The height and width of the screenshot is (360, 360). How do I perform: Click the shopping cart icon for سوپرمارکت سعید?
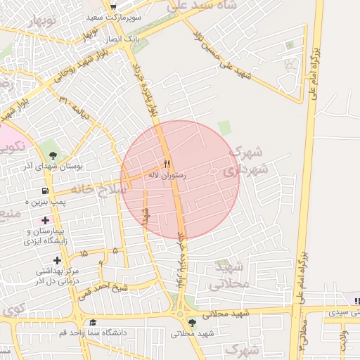(x=112, y=7)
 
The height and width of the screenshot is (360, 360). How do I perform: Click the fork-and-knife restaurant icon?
(x=167, y=164)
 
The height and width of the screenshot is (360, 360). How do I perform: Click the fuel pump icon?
(x=46, y=191)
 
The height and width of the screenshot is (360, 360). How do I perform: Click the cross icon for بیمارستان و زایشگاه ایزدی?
(x=46, y=220)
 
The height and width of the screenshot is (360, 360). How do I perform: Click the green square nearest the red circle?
(x=224, y=127)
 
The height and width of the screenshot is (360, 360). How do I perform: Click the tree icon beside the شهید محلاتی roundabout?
(x=192, y=323)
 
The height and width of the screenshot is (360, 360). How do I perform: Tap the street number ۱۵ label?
(x=84, y=252)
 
